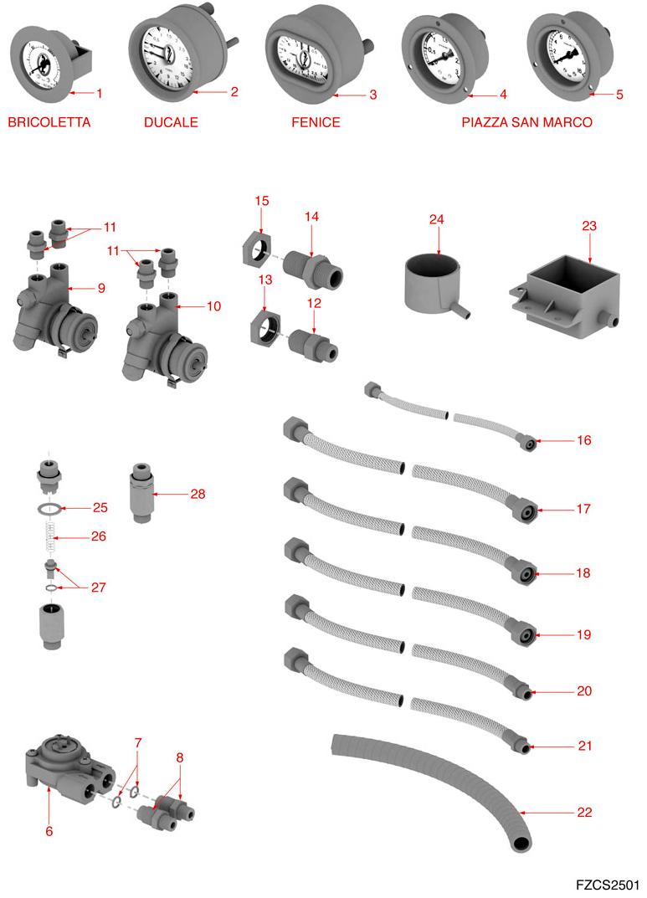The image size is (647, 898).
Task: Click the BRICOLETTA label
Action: click(49, 122)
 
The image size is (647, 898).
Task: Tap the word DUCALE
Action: click(171, 122)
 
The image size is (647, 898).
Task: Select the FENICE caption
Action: click(316, 122)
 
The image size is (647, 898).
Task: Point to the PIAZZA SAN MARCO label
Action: click(526, 122)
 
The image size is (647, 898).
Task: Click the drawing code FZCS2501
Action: click(608, 885)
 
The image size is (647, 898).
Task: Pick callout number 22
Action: click(584, 812)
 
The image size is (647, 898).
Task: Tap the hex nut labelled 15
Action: click(260, 249)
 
